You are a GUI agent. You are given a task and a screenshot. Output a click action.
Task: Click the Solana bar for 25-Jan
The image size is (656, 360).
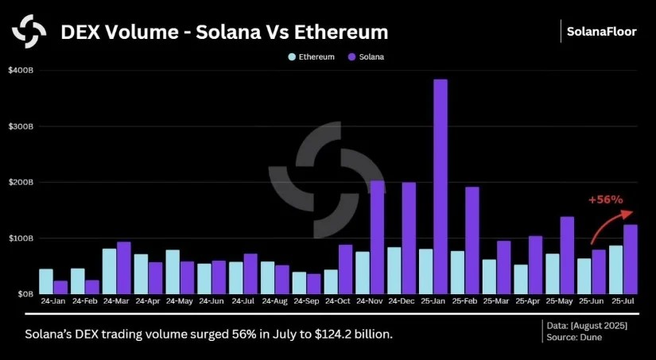(441, 187)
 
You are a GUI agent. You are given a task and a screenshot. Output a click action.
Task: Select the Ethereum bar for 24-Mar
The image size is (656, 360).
(109, 271)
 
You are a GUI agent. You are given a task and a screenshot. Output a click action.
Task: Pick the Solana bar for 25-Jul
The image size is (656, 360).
(631, 259)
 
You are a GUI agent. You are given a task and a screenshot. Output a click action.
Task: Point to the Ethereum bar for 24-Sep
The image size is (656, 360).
(299, 283)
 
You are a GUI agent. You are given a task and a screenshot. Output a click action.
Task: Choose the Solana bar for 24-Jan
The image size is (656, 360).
(60, 287)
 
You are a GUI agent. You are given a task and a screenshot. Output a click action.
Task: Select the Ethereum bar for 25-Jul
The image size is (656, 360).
(616, 269)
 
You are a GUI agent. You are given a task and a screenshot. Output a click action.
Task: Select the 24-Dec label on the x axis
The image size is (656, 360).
(402, 303)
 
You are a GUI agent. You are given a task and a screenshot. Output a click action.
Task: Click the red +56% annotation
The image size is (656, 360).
(605, 200)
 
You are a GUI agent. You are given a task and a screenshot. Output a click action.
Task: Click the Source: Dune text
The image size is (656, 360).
(572, 338)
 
